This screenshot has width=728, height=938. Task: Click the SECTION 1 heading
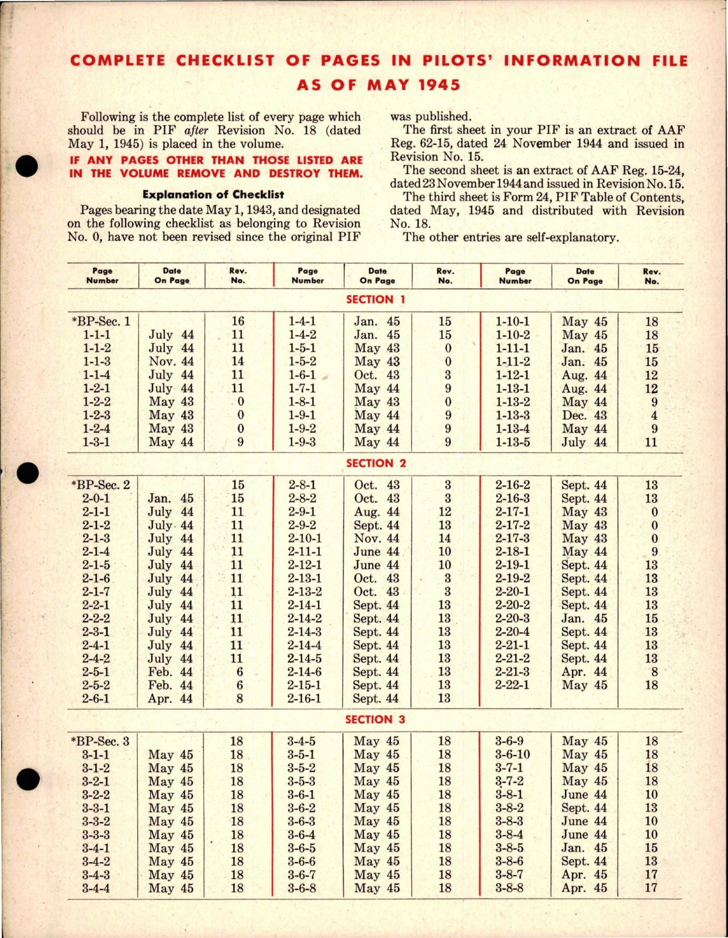(x=375, y=300)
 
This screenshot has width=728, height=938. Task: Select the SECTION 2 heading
(x=376, y=463)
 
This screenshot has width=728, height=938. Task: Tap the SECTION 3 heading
(x=375, y=720)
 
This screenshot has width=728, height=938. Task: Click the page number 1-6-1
(x=302, y=375)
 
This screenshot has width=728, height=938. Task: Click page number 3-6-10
(x=512, y=754)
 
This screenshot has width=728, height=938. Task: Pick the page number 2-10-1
(x=304, y=538)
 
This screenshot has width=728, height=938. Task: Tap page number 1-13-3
(x=512, y=416)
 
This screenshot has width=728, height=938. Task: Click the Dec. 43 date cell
(x=584, y=416)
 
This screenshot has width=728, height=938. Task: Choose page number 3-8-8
(x=509, y=888)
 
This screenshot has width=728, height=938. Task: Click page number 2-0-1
(x=96, y=499)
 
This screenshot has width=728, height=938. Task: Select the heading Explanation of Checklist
(x=213, y=195)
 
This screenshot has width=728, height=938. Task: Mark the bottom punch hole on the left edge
(x=27, y=780)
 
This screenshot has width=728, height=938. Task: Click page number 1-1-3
(x=96, y=362)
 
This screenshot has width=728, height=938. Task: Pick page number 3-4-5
(x=301, y=741)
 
